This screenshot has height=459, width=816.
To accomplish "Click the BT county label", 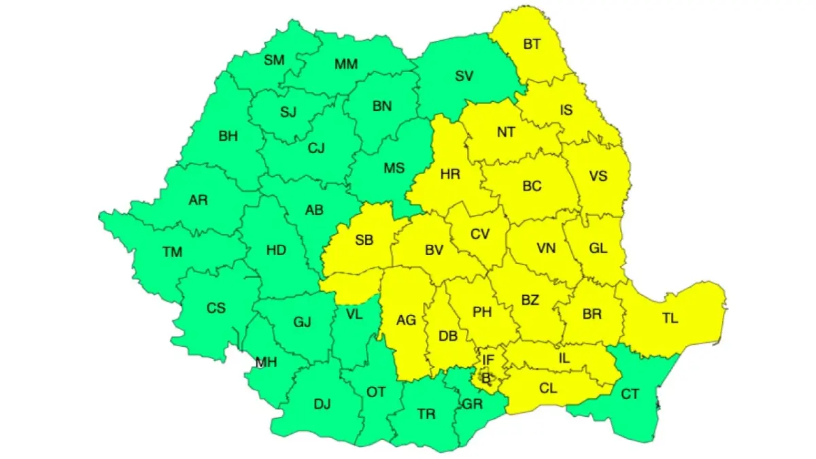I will (x=532, y=44).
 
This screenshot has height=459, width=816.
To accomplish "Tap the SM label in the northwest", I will (x=274, y=60).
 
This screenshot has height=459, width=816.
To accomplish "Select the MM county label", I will (x=346, y=65).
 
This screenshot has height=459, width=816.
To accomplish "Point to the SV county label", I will (x=464, y=76).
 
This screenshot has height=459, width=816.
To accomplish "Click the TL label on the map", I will (x=670, y=318).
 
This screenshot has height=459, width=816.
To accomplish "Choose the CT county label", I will (x=630, y=392).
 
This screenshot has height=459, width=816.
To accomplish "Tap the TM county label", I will (x=173, y=252).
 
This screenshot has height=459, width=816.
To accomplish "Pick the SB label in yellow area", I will (x=364, y=240).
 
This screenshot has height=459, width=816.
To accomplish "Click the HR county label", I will (x=450, y=174).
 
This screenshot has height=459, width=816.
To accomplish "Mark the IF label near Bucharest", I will (x=488, y=359).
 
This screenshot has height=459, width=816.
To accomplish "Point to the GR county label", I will (x=472, y=404).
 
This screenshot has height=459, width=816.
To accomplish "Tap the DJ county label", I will (x=322, y=405).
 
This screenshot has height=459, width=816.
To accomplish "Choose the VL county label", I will (x=354, y=314).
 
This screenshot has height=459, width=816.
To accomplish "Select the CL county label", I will (x=548, y=388).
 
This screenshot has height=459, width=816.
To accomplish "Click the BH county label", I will (x=228, y=136).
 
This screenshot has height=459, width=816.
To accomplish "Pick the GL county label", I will (x=598, y=248).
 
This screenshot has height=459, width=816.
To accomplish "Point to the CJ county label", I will (x=315, y=147).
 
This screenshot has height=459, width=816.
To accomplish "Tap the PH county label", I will (x=482, y=312).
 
